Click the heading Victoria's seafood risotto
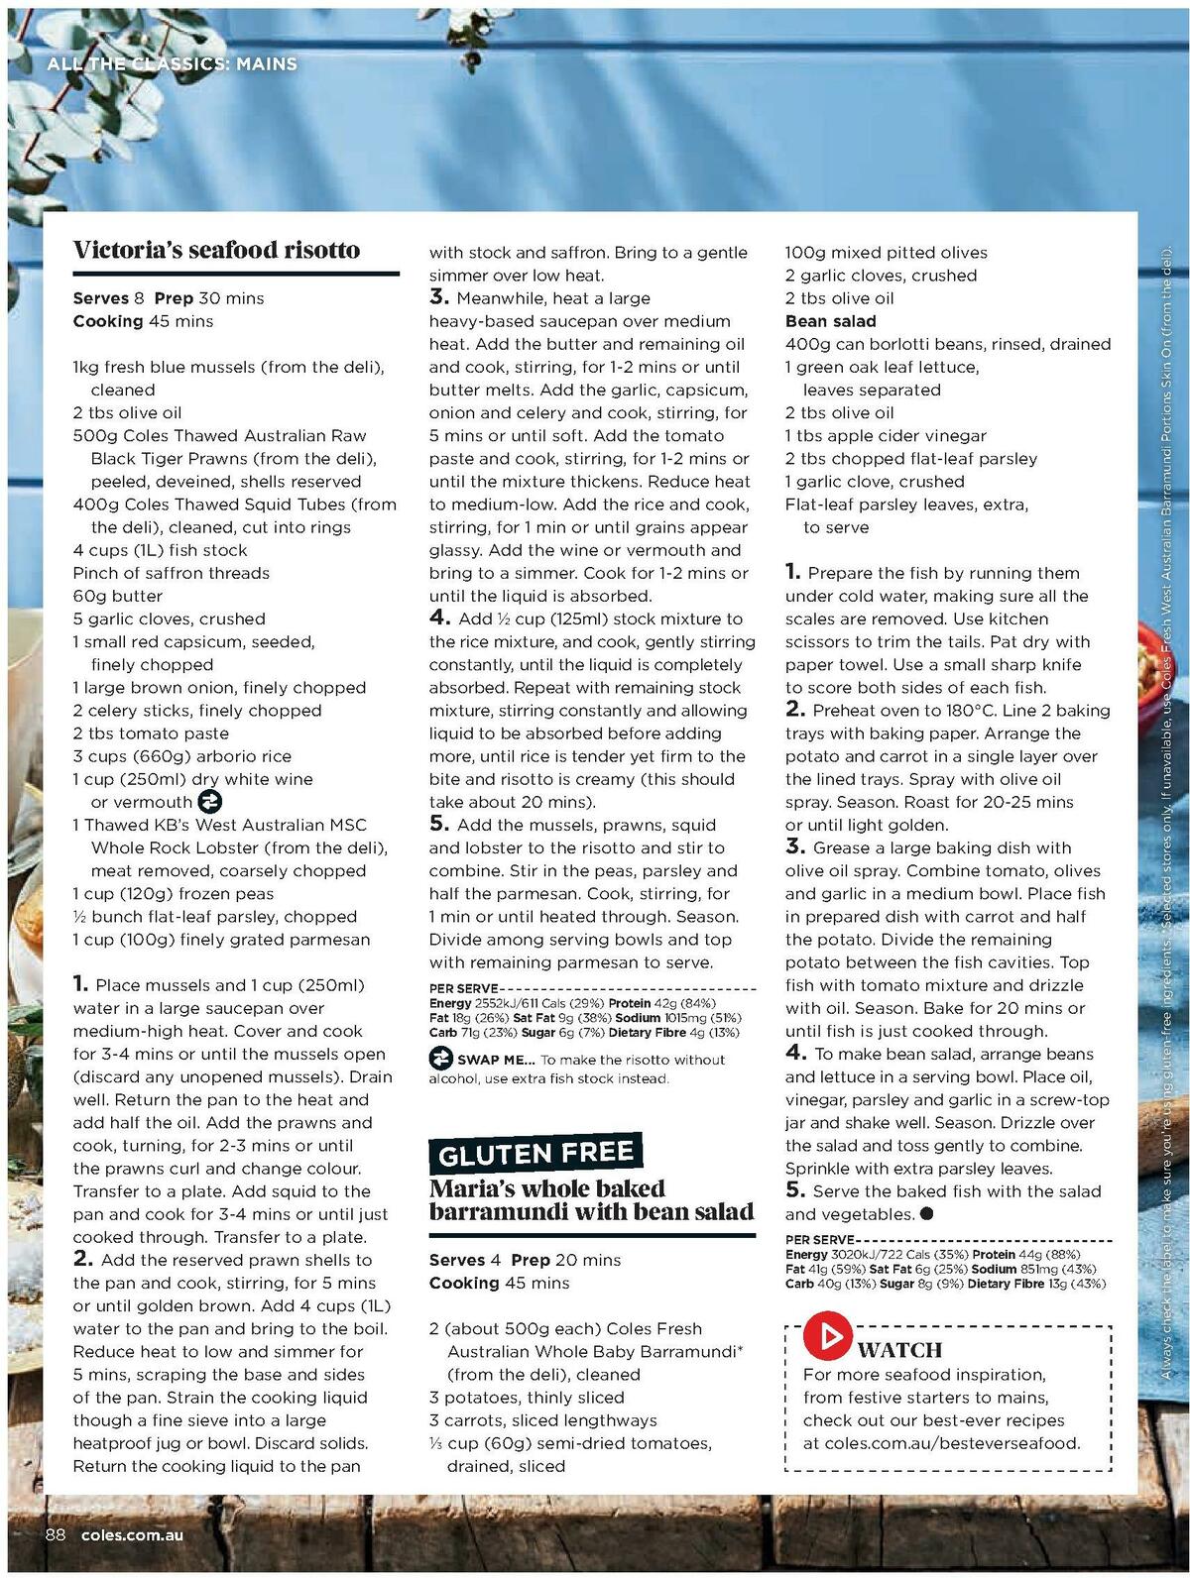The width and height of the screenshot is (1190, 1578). (x=216, y=250)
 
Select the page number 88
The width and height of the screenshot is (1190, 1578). (x=55, y=1534)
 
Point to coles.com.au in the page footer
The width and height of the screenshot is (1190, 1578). (x=132, y=1535)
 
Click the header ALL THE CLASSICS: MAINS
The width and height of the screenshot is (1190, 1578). (x=172, y=64)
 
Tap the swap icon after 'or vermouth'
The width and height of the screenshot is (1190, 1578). (x=210, y=802)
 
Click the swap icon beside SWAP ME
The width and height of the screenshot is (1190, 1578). (x=440, y=1060)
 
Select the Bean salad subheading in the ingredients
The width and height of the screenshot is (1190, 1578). (x=830, y=321)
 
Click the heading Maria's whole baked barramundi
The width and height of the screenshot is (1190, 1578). (x=591, y=1199)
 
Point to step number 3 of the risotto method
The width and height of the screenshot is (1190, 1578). (x=439, y=297)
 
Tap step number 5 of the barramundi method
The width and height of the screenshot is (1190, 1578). (x=795, y=1190)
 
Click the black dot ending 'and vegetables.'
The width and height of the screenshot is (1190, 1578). (x=926, y=1214)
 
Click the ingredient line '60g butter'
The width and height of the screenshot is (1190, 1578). (x=117, y=596)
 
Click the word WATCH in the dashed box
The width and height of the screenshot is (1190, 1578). (x=899, y=1349)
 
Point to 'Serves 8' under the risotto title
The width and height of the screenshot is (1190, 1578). (x=108, y=298)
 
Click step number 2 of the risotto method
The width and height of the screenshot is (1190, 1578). (x=83, y=1260)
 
